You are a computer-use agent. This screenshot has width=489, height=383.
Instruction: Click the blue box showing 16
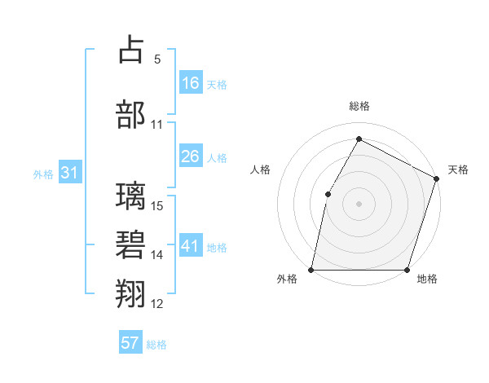click(x=191, y=83)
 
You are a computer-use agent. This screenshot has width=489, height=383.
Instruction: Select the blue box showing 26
click(x=191, y=156)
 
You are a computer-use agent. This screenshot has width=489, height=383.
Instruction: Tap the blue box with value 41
click(x=191, y=246)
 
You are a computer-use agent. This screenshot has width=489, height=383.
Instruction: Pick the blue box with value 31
click(x=70, y=173)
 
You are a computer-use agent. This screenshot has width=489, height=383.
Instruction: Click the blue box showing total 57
click(x=130, y=343)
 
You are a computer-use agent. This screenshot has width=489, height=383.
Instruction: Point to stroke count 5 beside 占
click(x=157, y=59)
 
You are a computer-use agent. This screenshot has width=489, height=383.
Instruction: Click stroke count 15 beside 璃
click(x=158, y=205)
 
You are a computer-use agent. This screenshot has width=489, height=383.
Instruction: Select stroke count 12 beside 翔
click(x=158, y=304)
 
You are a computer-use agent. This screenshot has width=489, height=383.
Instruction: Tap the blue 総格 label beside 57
click(x=156, y=345)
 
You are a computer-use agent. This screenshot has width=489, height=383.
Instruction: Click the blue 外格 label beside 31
click(x=43, y=174)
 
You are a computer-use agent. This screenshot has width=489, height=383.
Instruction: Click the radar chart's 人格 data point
click(x=328, y=194)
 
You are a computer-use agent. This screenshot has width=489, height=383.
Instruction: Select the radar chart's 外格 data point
click(x=311, y=270)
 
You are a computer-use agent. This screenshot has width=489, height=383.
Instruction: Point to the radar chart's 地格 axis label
click(x=427, y=280)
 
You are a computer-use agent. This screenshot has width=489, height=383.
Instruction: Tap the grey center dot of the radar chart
click(x=359, y=204)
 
